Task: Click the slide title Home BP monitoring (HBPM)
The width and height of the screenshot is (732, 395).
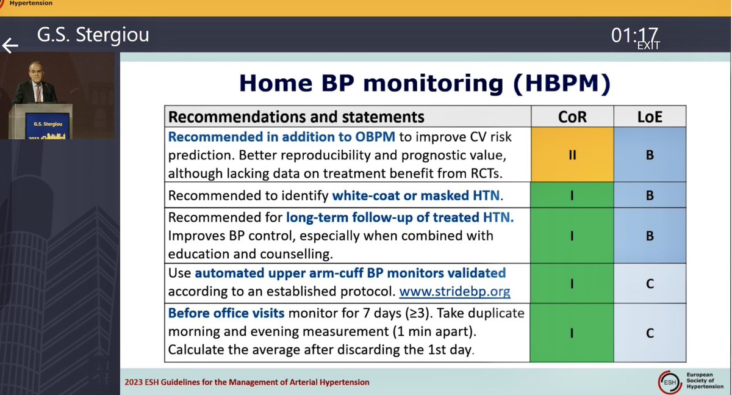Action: pos(424,84)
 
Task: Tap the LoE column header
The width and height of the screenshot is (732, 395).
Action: pos(650,117)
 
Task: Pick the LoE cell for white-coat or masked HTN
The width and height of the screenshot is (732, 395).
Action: pos(650,195)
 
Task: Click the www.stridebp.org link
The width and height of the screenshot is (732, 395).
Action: pos(454,291)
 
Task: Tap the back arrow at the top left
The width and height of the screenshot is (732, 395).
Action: pos(10,45)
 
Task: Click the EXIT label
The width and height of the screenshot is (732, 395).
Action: pos(648,45)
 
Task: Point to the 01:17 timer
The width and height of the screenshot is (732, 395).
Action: pos(634,35)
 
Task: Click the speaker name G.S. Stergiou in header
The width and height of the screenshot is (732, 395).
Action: pos(93,35)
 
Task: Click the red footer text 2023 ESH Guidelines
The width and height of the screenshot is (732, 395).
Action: pos(247,382)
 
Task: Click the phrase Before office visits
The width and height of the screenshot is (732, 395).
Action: pos(226,313)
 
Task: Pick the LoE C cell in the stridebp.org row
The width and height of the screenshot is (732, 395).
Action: pos(650,283)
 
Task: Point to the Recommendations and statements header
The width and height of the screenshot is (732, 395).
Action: pos(296,117)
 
